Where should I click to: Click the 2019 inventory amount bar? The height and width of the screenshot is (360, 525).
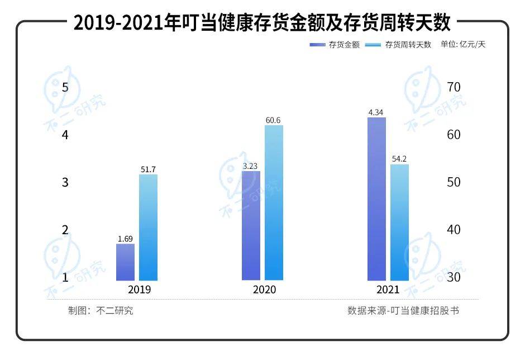pyautogui.click(x=125, y=262)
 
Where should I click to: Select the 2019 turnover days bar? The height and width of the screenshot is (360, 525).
pyautogui.click(x=148, y=227)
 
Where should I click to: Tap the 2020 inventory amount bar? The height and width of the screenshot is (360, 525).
pyautogui.click(x=251, y=225)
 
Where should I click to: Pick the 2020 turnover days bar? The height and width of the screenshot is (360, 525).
pyautogui.click(x=274, y=202)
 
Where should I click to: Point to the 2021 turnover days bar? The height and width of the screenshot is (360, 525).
pyautogui.click(x=399, y=222)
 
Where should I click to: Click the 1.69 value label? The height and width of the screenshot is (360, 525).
pyautogui.click(x=125, y=239)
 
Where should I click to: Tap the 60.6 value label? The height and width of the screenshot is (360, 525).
pyautogui.click(x=274, y=120)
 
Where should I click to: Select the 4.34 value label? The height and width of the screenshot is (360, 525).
pyautogui.click(x=376, y=112)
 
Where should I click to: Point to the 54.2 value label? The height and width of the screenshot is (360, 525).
pyautogui.click(x=399, y=159)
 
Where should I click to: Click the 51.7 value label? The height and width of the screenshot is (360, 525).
pyautogui.click(x=148, y=169)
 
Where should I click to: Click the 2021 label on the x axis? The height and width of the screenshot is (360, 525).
pyautogui.click(x=388, y=290)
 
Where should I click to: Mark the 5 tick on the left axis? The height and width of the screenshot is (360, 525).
pyautogui.click(x=65, y=87)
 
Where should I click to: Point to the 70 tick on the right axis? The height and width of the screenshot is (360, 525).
pyautogui.click(x=454, y=87)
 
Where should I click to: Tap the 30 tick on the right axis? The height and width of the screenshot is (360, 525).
pyautogui.click(x=454, y=277)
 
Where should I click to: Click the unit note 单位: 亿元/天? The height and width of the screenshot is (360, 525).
pyautogui.click(x=463, y=45)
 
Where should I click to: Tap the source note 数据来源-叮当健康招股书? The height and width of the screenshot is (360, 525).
pyautogui.click(x=403, y=311)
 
